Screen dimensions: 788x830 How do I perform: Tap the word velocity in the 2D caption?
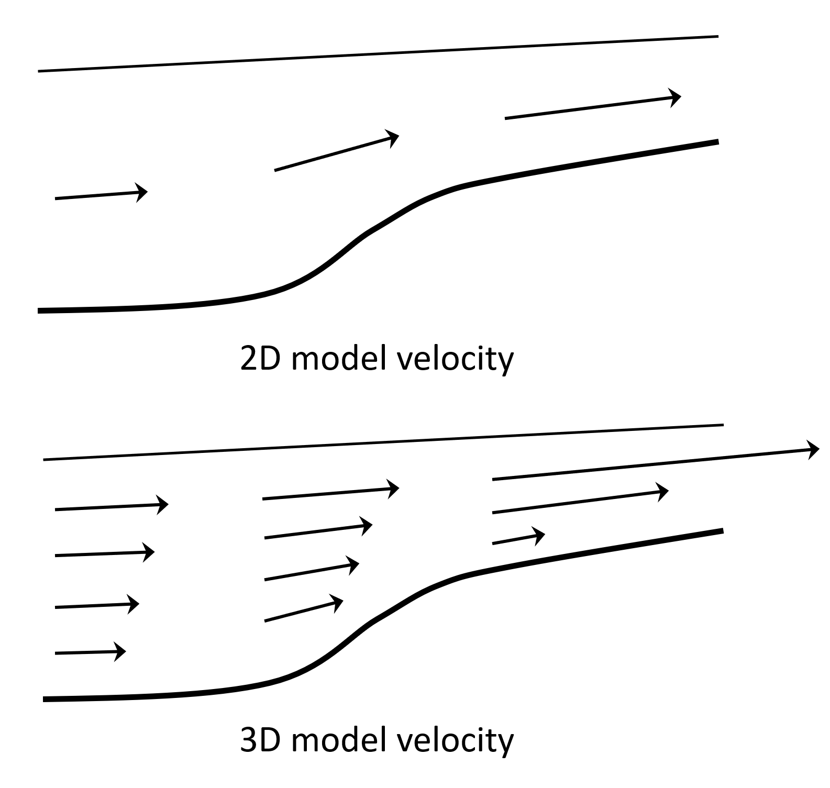(455, 360)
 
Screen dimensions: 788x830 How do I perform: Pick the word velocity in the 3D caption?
(455, 741)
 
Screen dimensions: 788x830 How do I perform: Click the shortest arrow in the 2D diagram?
(101, 195)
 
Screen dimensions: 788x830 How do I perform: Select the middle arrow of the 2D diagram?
(336, 153)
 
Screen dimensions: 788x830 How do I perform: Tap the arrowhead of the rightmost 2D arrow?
(676, 97)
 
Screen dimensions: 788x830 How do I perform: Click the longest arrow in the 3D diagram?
(655, 464)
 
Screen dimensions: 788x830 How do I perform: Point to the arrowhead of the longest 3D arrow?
(814, 450)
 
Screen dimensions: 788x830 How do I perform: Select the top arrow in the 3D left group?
(111, 507)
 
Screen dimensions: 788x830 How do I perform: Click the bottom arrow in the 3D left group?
(90, 652)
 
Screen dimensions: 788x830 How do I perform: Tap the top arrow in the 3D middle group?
(330, 494)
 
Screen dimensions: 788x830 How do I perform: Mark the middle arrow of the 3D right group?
(580, 502)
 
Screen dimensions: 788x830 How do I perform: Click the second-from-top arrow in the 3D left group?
(105, 553)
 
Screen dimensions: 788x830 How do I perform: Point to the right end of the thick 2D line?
(716, 141)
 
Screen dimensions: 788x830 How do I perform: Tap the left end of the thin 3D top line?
(45, 460)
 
